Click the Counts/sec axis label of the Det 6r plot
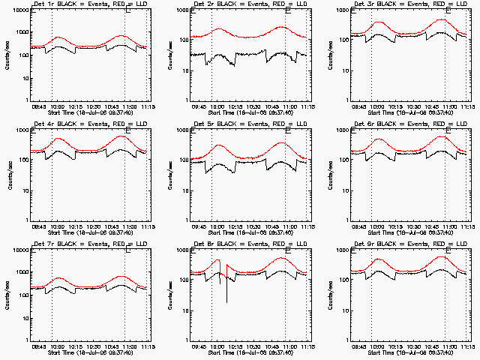click(329, 175)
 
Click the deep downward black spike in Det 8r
click(226, 300)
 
